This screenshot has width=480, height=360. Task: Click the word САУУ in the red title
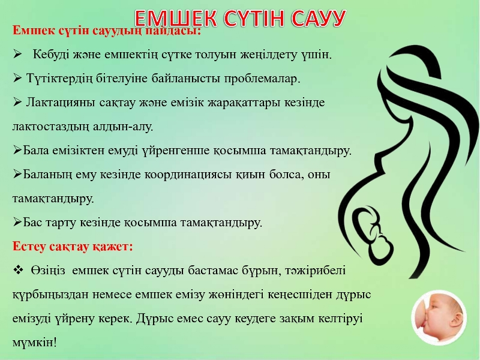pos(319,19)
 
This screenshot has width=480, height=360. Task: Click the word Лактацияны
pos(61,103)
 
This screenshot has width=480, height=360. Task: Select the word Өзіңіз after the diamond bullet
pos(48,271)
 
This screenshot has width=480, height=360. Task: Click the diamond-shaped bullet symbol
pos(19,269)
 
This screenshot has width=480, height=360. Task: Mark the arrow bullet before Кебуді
pos(17,55)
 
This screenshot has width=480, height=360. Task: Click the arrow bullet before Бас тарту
pos(17,222)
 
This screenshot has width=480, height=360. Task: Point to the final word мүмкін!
pos(35,342)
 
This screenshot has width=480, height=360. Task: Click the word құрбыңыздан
pos(50,295)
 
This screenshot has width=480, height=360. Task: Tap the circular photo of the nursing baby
pos(439,318)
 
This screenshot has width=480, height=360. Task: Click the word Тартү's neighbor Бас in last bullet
pos(33,222)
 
